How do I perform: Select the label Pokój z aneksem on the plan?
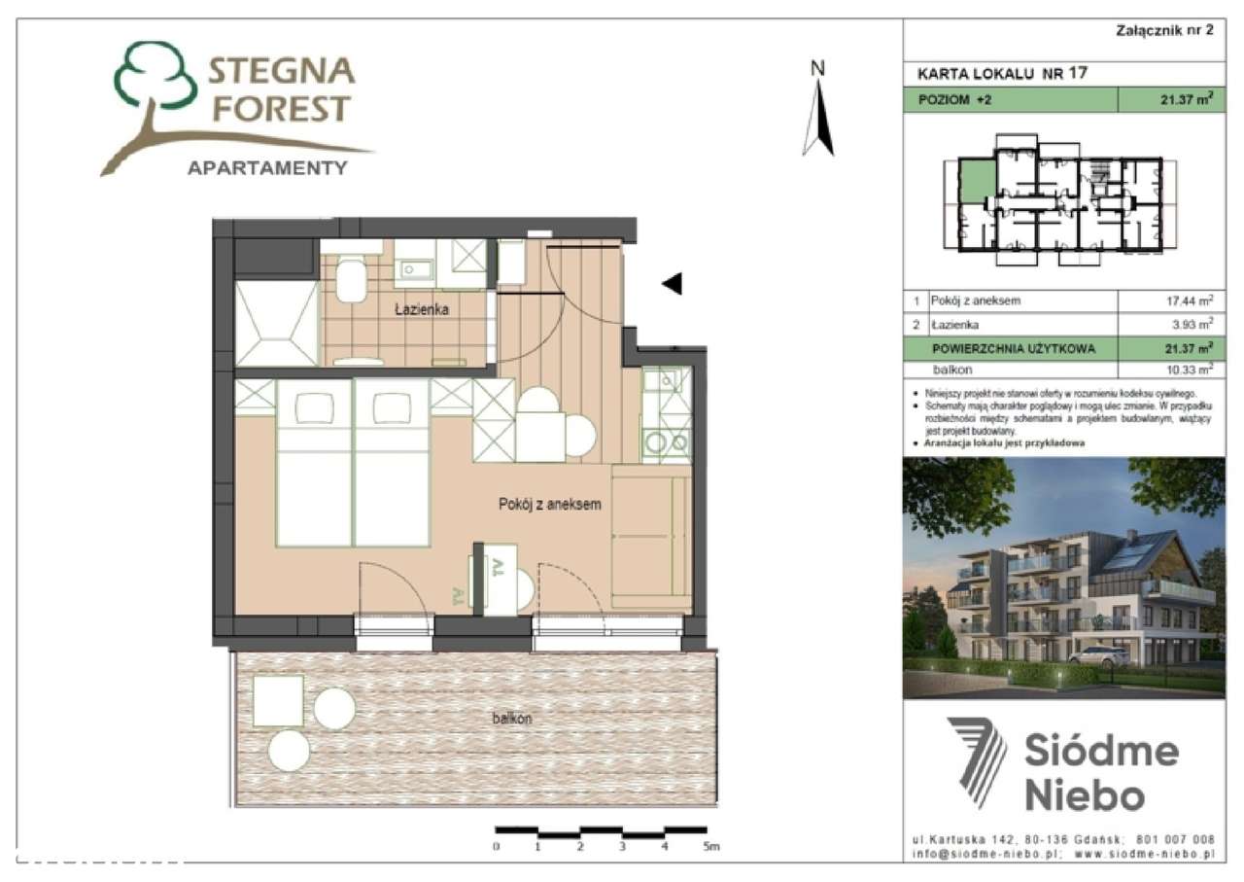pyautogui.click(x=550, y=505)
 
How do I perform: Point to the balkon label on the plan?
pyautogui.click(x=511, y=719)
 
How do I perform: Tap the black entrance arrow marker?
pyautogui.click(x=672, y=283)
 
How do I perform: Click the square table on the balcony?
pyautogui.click(x=278, y=701)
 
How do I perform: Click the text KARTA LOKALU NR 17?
pyautogui.click(x=1002, y=73)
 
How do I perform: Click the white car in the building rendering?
pyautogui.click(x=1100, y=654)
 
